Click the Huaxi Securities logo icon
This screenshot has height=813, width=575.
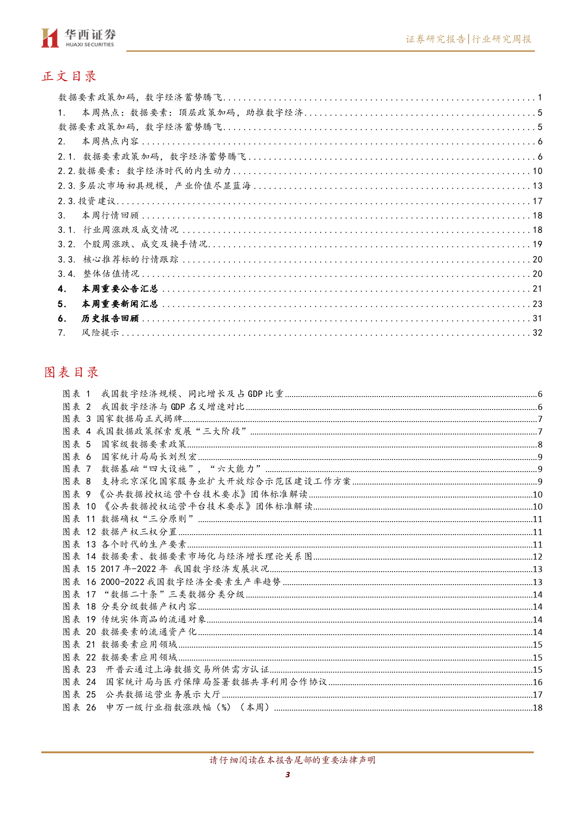tap(50, 38)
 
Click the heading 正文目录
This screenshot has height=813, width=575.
tap(69, 76)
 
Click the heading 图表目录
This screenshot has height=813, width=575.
tap(71, 372)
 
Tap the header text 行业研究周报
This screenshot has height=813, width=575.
tap(502, 39)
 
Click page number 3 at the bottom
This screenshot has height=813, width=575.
tap(287, 775)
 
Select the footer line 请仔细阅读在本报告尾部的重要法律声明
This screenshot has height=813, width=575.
tap(292, 760)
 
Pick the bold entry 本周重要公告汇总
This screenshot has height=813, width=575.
tap(120, 289)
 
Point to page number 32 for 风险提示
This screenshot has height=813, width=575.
tap(537, 333)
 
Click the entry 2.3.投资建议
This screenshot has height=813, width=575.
tap(87, 201)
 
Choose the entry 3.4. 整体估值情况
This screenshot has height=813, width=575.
tap(99, 274)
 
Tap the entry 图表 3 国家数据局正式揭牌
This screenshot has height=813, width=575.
tap(123, 419)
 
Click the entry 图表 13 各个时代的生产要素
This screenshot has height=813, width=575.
tap(125, 544)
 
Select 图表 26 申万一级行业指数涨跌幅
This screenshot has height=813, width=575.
tap(167, 707)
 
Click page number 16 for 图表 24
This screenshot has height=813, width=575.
tap(537, 682)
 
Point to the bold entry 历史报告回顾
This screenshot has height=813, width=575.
tap(110, 318)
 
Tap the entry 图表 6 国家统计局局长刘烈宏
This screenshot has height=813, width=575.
tap(130, 457)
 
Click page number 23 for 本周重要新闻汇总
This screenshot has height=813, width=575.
tap(537, 304)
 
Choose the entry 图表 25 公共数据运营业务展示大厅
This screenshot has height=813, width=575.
tap(142, 694)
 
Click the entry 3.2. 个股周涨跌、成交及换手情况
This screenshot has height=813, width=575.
tap(133, 244)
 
